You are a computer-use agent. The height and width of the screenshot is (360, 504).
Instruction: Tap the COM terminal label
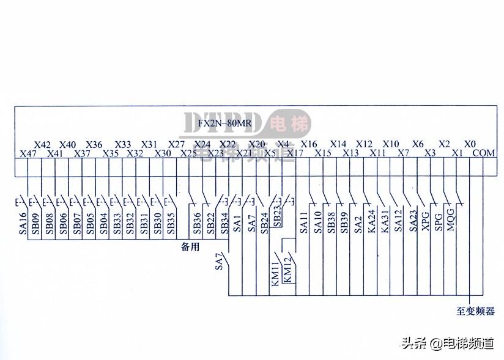pos(484,153)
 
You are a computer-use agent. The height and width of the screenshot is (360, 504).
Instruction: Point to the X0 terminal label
pos(470,144)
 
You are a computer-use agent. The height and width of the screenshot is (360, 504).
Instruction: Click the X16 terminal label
pos(309,144)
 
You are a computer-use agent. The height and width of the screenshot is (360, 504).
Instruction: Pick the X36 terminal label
pos(94,144)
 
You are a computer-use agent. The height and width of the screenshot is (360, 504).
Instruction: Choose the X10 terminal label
pos(391,144)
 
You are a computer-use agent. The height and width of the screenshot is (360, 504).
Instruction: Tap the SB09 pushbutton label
pos(36,223)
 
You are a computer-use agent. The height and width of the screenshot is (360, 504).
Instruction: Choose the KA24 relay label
pos(371,222)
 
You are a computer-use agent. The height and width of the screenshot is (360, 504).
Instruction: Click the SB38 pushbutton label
pos(331,222)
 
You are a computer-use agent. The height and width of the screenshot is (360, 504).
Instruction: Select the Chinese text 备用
pos(191,247)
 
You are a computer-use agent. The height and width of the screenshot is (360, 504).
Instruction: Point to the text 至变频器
pos(475,311)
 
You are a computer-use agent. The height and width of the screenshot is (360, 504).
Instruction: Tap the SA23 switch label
pos(412,222)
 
